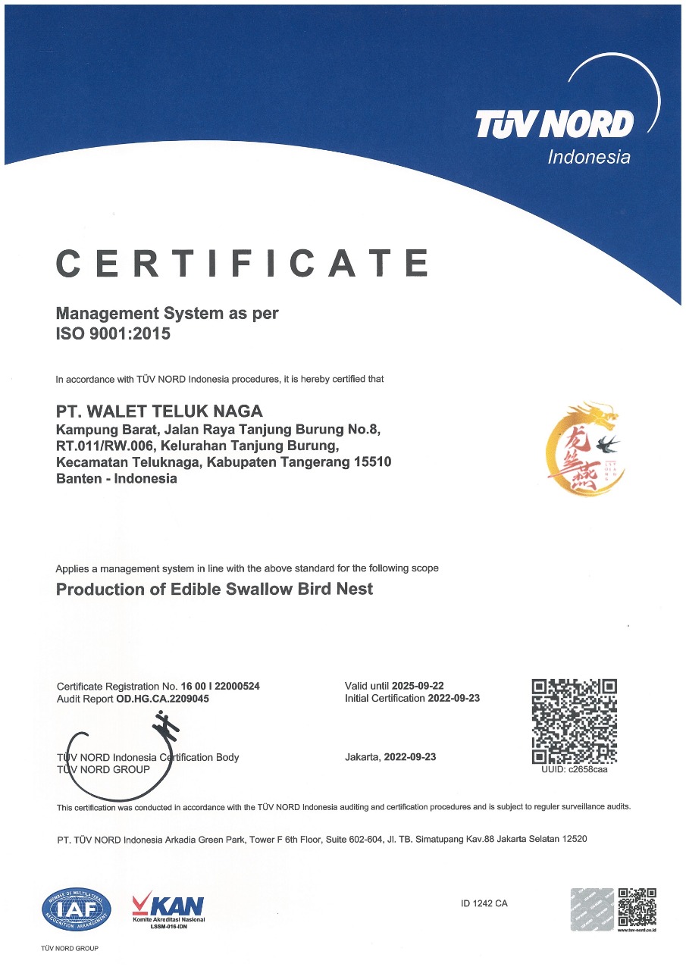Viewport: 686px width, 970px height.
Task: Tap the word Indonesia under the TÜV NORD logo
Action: [x=588, y=158]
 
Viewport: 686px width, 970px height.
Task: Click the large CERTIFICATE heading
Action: [x=243, y=263]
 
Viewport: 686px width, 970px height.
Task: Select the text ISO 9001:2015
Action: [x=114, y=333]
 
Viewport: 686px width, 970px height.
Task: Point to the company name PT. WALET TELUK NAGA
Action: [x=160, y=411]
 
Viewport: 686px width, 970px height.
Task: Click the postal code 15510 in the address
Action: [x=373, y=462]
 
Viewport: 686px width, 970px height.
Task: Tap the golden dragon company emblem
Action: [x=582, y=449]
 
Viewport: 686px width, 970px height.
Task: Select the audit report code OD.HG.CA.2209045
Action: [x=162, y=699]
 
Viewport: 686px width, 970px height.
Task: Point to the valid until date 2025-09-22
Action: [x=418, y=686]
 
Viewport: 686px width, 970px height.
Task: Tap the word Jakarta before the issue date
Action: [x=362, y=757]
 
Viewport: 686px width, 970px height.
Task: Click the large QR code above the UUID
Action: [x=575, y=721]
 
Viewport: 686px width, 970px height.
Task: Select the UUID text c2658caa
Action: [x=587, y=770]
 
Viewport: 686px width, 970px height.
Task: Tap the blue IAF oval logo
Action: [x=77, y=909]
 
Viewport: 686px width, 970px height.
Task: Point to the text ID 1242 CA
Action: [x=484, y=903]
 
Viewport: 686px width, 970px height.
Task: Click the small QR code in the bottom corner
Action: [x=637, y=906]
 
